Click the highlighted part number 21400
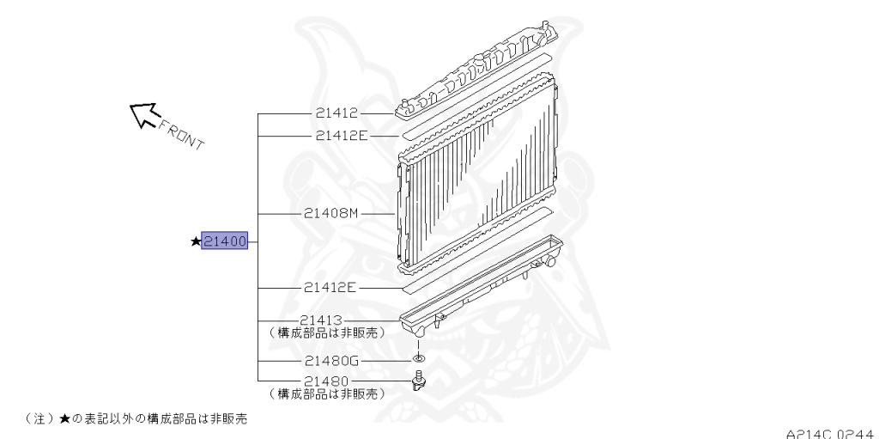click(x=224, y=241)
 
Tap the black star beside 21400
click(x=196, y=241)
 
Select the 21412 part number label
click(x=336, y=113)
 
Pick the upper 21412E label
click(x=342, y=135)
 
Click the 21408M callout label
click(x=330, y=213)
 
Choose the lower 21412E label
click(x=330, y=288)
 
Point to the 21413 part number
click(x=321, y=320)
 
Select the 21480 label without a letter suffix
click(x=326, y=381)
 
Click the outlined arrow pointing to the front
click(x=142, y=114)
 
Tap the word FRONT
click(x=182, y=135)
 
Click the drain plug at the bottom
click(x=418, y=381)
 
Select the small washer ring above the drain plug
click(x=418, y=359)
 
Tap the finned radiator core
click(x=476, y=174)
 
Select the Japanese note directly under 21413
click(x=326, y=332)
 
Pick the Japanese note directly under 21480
click(x=326, y=394)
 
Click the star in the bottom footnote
click(x=64, y=418)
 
